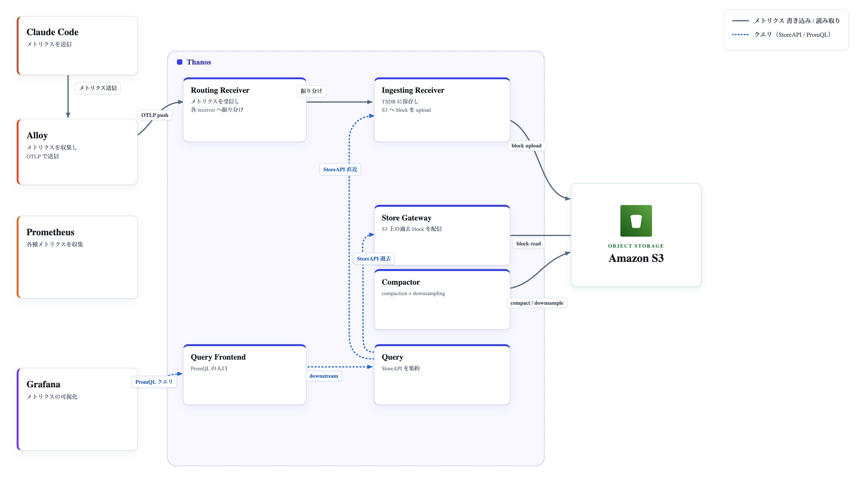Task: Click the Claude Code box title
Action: (x=52, y=32)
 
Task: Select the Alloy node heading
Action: (x=37, y=135)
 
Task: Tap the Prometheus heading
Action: (x=50, y=232)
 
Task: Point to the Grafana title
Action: (x=43, y=384)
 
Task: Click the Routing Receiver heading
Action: (x=220, y=90)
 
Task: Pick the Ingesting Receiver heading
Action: (x=413, y=90)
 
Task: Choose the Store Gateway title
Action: (x=406, y=218)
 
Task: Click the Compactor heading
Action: (x=401, y=282)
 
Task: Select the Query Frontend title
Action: (x=218, y=357)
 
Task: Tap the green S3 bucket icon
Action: (x=636, y=221)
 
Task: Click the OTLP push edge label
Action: (x=155, y=115)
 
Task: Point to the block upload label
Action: (x=526, y=146)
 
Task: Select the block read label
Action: (x=528, y=244)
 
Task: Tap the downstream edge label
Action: (x=324, y=376)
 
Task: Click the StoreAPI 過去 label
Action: (x=373, y=259)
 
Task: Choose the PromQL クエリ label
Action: (x=154, y=382)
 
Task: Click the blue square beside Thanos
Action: (x=180, y=62)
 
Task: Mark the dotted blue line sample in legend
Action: (x=740, y=34)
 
